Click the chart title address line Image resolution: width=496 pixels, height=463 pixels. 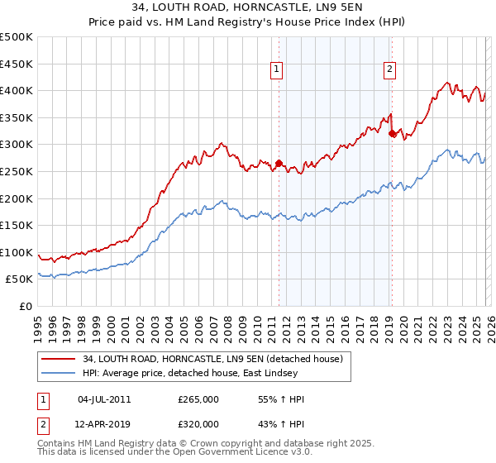click(247, 7)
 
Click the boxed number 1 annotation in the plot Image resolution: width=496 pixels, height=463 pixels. click(276, 70)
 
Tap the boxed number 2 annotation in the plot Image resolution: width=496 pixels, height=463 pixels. click(389, 70)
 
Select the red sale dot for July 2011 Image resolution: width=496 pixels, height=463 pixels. click(279, 163)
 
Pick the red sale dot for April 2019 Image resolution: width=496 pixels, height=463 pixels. click(392, 133)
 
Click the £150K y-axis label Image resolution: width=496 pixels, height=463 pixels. click(17, 225)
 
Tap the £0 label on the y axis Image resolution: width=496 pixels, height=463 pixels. click(25, 306)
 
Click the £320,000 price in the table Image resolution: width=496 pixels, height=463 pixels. click(198, 423)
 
